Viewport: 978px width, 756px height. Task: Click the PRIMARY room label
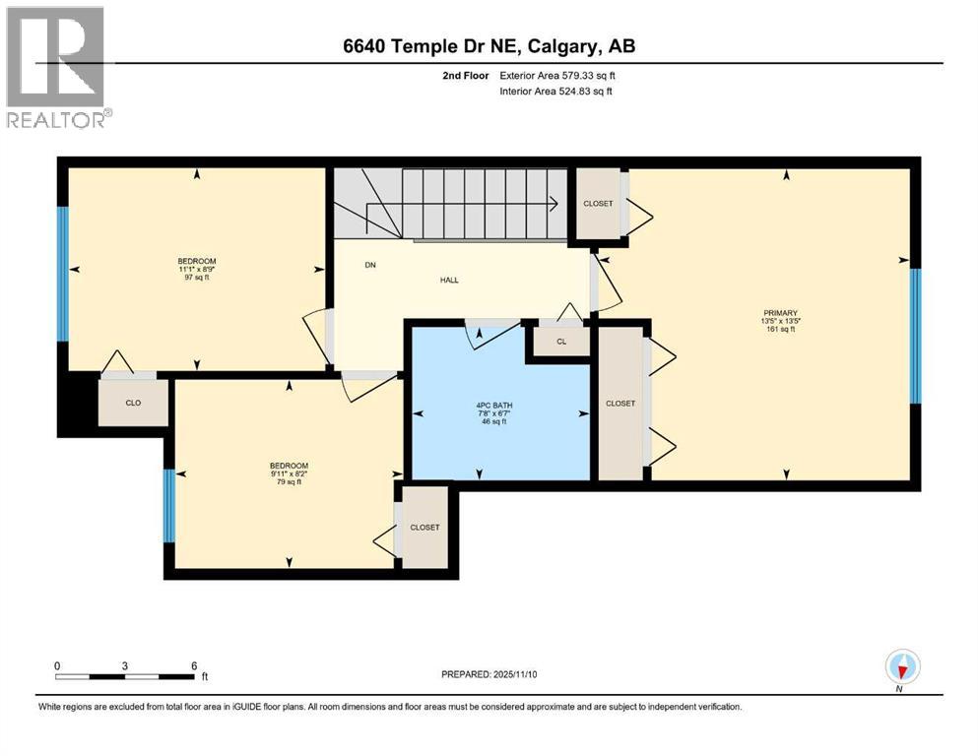[x=777, y=313]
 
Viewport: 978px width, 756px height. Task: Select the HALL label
[x=449, y=280]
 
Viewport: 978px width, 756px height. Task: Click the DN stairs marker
[x=370, y=265]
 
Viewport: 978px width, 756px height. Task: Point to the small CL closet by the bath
[x=560, y=342]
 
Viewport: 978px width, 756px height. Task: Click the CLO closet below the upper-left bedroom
[x=133, y=403]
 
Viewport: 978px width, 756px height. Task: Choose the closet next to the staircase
[x=597, y=204]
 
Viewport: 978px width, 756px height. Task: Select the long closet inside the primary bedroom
[x=619, y=404]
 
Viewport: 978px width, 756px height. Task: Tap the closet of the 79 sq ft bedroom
[x=424, y=528]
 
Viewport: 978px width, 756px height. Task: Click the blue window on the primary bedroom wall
[x=914, y=336]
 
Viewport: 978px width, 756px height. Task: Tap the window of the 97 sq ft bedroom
[x=63, y=273]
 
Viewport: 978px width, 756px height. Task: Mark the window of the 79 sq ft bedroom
[x=169, y=506]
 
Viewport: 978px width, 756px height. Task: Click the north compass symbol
[x=901, y=667]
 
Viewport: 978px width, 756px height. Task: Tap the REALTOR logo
[x=56, y=67]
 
